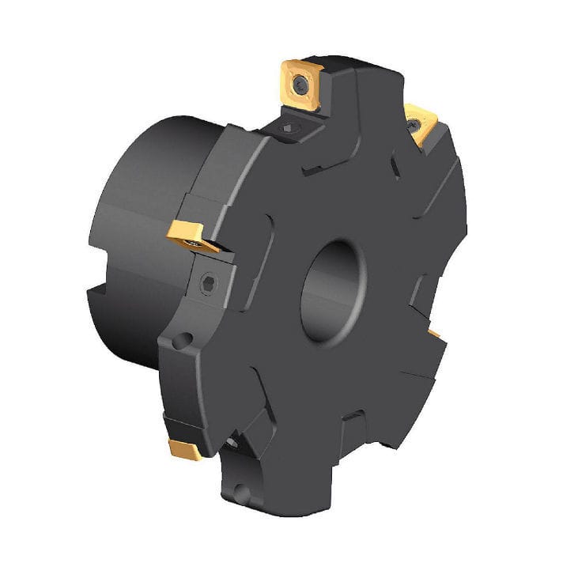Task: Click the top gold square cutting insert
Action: (301, 83)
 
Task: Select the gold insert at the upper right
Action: (420, 123)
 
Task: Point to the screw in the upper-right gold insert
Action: (414, 123)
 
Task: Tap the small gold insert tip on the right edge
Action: (435, 334)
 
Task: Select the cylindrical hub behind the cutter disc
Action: (142, 237)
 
